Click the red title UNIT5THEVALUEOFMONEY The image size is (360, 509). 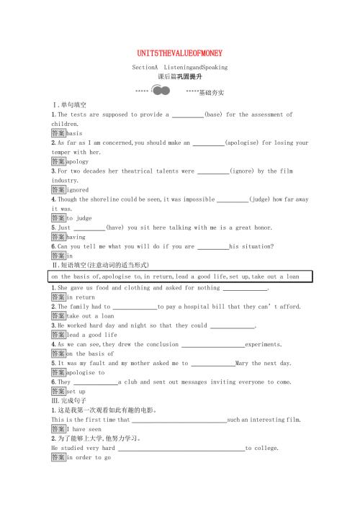179,53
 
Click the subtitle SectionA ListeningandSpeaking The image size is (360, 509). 179,67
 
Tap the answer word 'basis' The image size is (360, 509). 74,134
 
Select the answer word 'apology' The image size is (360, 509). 77,162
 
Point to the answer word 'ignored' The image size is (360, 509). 77,190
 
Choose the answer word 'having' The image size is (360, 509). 76,236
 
